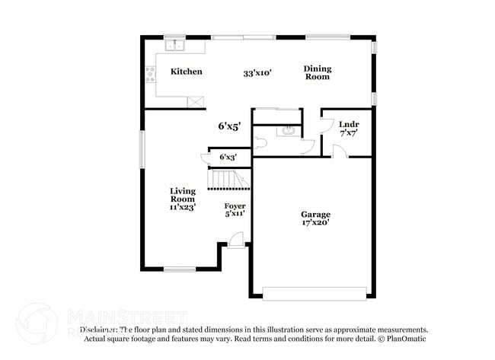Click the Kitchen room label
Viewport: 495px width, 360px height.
[186, 72]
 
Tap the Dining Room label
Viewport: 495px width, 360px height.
[318, 72]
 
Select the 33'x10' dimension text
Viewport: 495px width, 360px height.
[257, 73]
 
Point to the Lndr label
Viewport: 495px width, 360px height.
[349, 124]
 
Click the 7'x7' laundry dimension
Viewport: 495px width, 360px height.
[349, 133]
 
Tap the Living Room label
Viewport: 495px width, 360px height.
[183, 195]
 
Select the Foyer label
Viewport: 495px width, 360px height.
[235, 206]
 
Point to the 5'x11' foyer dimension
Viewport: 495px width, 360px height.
[235, 215]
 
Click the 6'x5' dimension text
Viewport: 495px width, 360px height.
[228, 126]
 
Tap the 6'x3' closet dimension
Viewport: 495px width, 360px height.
[228, 157]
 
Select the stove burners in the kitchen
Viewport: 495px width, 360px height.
[150, 74]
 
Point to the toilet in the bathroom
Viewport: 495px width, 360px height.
[260, 142]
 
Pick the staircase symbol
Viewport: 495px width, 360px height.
[228, 180]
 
